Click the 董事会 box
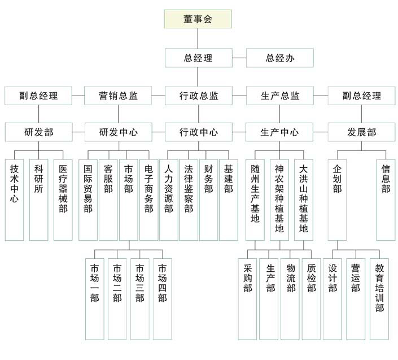click(198, 19)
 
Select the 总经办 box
click(280, 58)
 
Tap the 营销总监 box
click(118, 96)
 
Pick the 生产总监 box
click(280, 96)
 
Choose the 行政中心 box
click(198, 133)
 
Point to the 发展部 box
click(361, 133)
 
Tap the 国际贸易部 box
click(88, 195)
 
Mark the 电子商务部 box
click(148, 195)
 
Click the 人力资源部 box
click(168, 195)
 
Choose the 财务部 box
click(208, 195)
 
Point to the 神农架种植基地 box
click(279, 195)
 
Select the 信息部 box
click(386, 195)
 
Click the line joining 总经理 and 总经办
click(239, 58)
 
